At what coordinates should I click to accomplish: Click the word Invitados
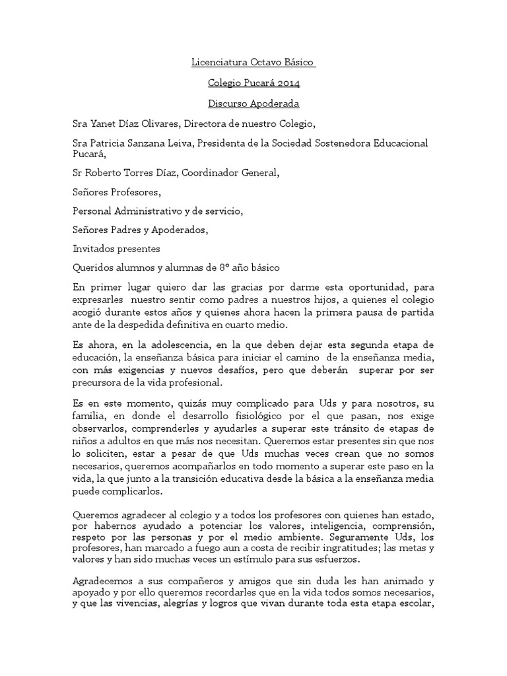coord(94,249)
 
